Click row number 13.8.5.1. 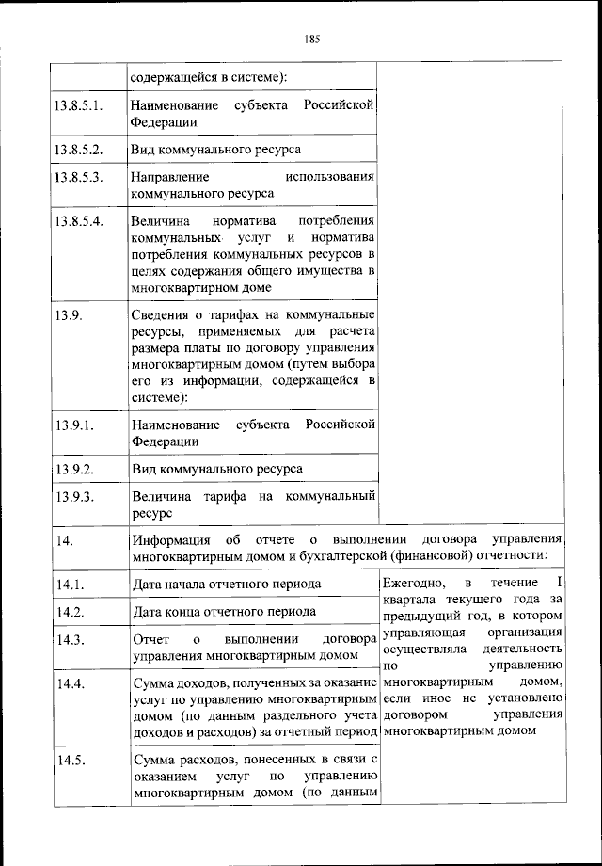[x=79, y=104]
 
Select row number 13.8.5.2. [x=79, y=149]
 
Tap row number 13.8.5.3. [x=79, y=176]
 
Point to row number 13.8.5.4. [x=79, y=220]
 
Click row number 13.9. [x=69, y=313]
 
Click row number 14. [x=64, y=540]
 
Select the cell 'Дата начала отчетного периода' [x=227, y=585]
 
